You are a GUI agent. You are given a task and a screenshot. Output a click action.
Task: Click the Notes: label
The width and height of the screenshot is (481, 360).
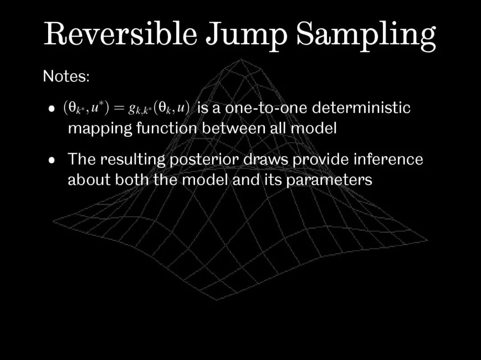tap(66, 76)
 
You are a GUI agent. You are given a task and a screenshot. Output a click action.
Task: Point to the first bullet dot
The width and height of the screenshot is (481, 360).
tap(52, 109)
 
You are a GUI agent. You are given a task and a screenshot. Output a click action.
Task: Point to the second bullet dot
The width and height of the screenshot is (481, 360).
tap(52, 160)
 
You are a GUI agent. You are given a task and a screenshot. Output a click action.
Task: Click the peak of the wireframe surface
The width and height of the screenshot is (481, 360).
tap(241, 60)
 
